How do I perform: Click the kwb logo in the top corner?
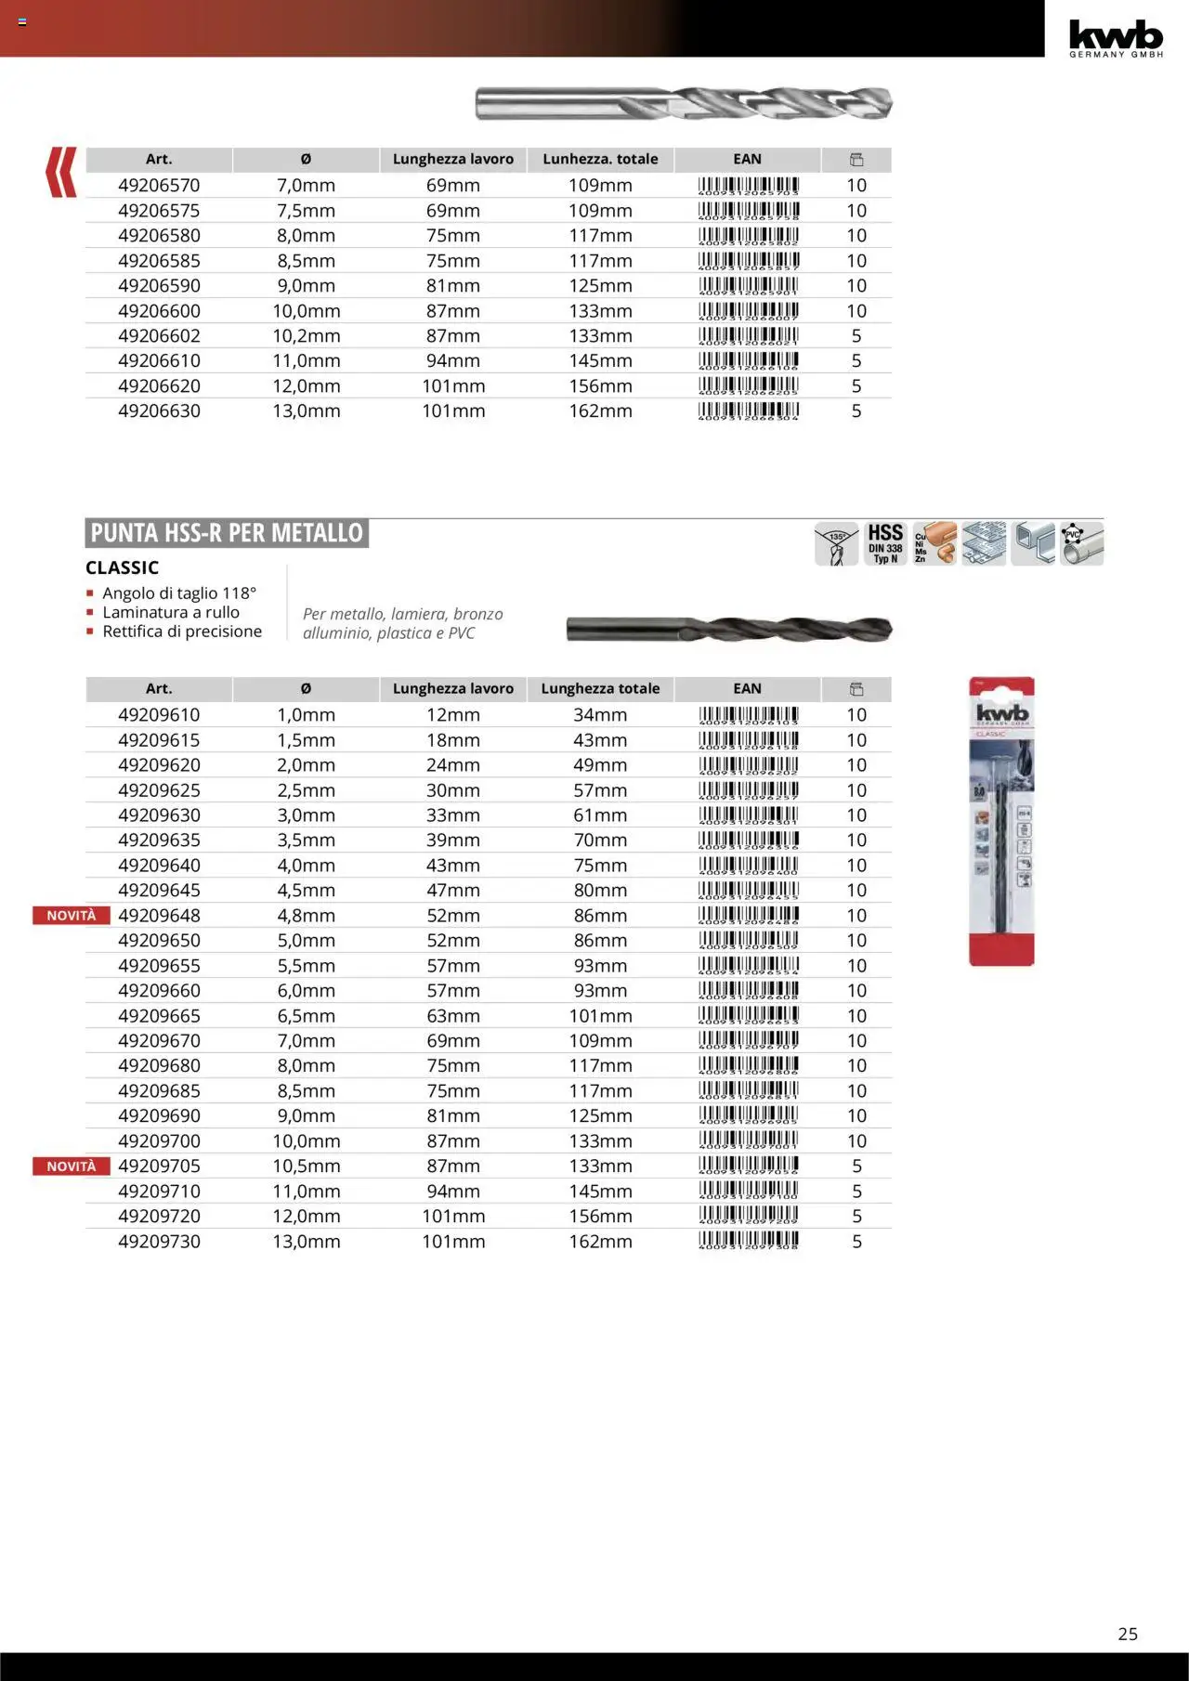coord(1116,37)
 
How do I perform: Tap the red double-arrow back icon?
coord(61,172)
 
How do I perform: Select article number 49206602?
coord(159,336)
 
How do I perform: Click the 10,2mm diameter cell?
coord(306,336)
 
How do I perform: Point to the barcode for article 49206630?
coord(748,410)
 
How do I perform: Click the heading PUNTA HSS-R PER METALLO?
coord(227,533)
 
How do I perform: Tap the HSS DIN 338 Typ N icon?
coord(884,543)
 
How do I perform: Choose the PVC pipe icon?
coord(1082,543)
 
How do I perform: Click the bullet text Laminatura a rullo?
coord(171,613)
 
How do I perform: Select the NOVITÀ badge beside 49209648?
coord(71,916)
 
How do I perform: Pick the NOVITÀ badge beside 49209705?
coord(71,1166)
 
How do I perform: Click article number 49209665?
coord(159,1016)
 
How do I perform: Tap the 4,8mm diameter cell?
coord(306,916)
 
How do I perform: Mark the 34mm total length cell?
coord(600,715)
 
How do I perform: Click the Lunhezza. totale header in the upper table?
coord(600,160)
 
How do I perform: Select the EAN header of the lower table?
coord(747,689)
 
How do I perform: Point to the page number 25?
coord(1128,1634)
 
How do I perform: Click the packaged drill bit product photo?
coord(1001,822)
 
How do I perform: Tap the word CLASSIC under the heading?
coord(122,567)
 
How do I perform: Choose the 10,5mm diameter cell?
coord(306,1166)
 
